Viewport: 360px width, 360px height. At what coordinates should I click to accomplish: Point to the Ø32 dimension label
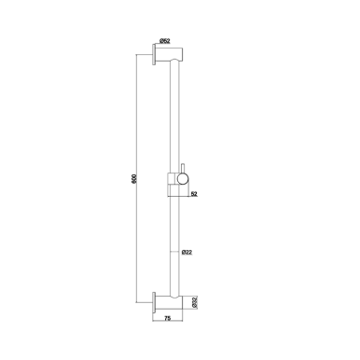pos(194,300)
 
